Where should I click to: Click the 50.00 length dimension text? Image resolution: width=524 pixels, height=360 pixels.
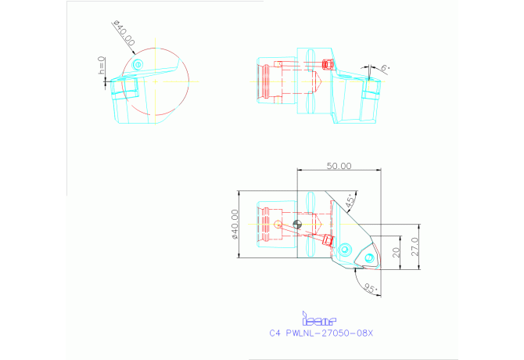(x=339, y=166)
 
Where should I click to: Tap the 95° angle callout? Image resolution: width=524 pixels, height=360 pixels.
(x=371, y=288)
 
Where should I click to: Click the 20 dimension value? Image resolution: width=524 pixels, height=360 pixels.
(x=396, y=252)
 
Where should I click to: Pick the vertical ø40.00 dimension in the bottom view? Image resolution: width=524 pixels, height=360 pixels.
(x=235, y=224)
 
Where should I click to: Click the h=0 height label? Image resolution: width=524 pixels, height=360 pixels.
(x=102, y=66)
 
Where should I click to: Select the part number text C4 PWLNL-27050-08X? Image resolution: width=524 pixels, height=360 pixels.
(x=321, y=333)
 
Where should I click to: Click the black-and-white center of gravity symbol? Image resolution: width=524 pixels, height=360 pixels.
(x=296, y=225)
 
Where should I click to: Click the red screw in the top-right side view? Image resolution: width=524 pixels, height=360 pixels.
(x=328, y=63)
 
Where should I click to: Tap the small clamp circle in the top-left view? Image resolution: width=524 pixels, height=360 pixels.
(x=138, y=63)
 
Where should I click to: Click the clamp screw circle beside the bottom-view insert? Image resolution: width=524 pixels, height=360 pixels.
(x=345, y=250)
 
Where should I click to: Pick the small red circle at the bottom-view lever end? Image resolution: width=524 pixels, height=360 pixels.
(x=278, y=224)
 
